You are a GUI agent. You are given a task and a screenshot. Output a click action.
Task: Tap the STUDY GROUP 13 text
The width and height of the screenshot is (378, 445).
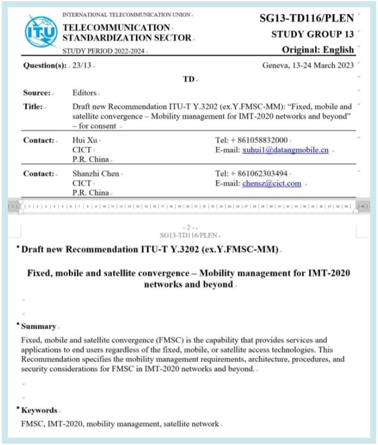(x=313, y=34)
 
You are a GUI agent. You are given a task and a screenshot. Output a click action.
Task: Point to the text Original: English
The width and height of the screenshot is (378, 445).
(x=318, y=49)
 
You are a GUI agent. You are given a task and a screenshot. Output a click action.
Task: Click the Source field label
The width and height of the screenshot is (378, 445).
(x=36, y=93)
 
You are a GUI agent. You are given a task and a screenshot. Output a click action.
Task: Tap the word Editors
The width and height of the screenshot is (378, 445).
(x=84, y=93)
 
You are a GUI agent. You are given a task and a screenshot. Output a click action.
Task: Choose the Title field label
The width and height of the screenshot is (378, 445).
(x=33, y=106)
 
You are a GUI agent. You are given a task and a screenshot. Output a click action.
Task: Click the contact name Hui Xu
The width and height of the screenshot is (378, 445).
(x=85, y=140)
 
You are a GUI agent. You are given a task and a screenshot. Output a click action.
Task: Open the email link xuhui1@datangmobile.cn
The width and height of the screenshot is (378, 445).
(x=285, y=150)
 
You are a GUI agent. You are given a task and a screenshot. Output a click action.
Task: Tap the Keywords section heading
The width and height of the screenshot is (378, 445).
(x=39, y=410)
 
